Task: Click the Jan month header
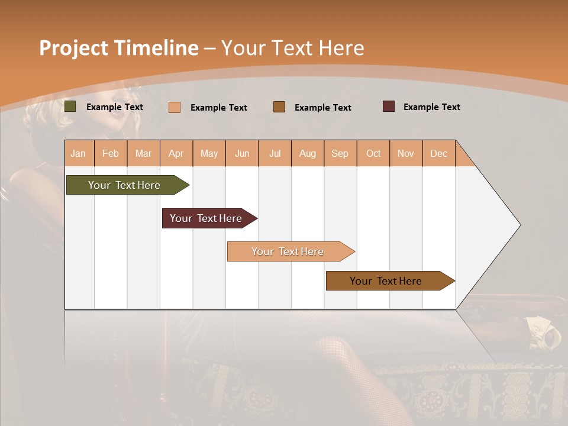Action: (x=78, y=153)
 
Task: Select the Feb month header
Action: (x=111, y=153)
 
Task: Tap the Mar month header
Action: (x=143, y=153)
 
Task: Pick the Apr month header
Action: (x=176, y=153)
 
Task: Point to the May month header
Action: (x=209, y=153)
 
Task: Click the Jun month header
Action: (x=242, y=153)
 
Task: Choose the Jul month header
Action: (x=275, y=153)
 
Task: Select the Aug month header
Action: (x=308, y=153)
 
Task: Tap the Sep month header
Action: (x=340, y=153)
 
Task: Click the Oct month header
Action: (x=373, y=153)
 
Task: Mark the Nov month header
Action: (x=406, y=153)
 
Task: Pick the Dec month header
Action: (x=438, y=153)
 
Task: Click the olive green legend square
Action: (x=70, y=106)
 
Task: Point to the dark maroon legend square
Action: (x=389, y=106)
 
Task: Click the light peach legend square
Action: (x=175, y=107)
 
